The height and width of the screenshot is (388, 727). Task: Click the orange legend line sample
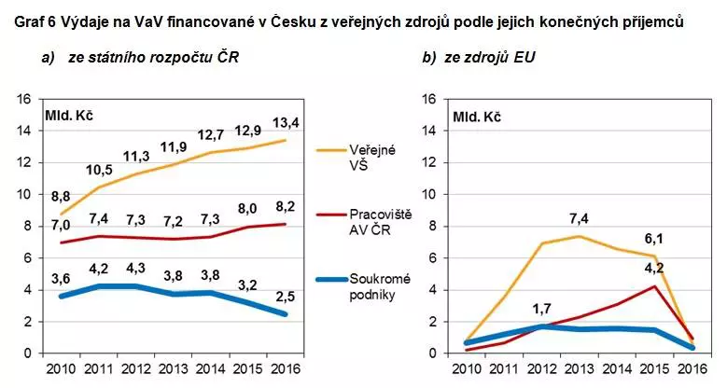pos(330,149)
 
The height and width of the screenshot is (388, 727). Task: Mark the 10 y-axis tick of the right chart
pos(430,193)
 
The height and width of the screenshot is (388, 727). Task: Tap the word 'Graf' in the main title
pos(21,21)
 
